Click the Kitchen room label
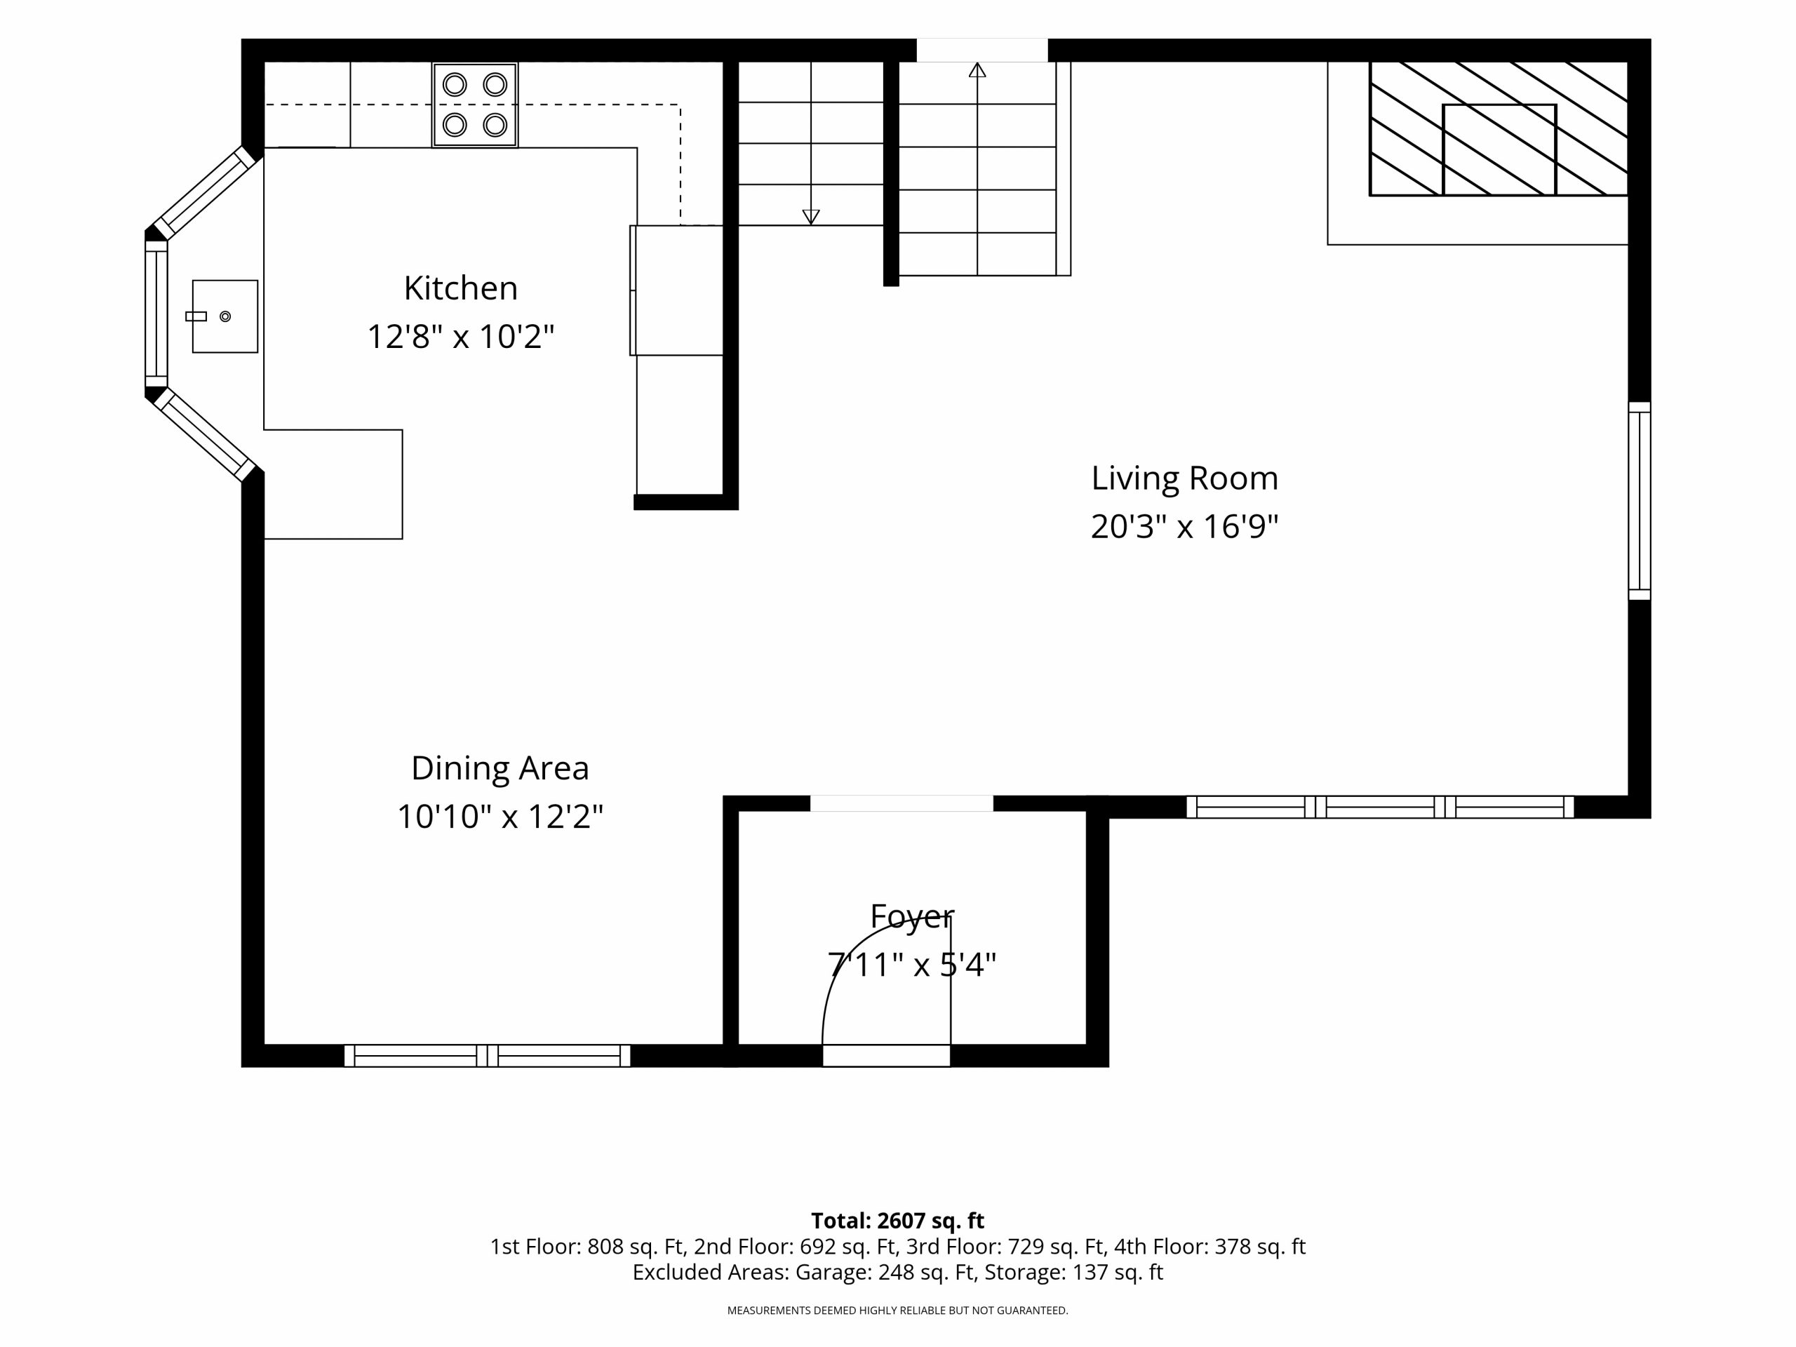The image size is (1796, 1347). [460, 288]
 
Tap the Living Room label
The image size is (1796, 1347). [1185, 478]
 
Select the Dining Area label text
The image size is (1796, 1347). [500, 768]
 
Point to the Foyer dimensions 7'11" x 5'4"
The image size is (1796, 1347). [911, 965]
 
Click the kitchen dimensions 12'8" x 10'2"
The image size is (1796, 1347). [460, 336]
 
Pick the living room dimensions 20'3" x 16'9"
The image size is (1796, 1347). [1185, 526]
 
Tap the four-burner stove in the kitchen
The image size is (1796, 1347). [475, 105]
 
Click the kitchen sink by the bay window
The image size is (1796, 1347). [225, 316]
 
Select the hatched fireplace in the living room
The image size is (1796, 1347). [1499, 129]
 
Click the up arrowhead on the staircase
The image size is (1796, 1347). [977, 70]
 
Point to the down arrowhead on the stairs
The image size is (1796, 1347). [810, 217]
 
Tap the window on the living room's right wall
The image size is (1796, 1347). [1640, 501]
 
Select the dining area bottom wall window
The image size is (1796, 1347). [487, 1056]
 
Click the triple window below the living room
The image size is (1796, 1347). [1380, 807]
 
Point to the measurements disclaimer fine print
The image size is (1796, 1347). [897, 1311]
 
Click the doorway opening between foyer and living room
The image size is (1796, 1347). [902, 803]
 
